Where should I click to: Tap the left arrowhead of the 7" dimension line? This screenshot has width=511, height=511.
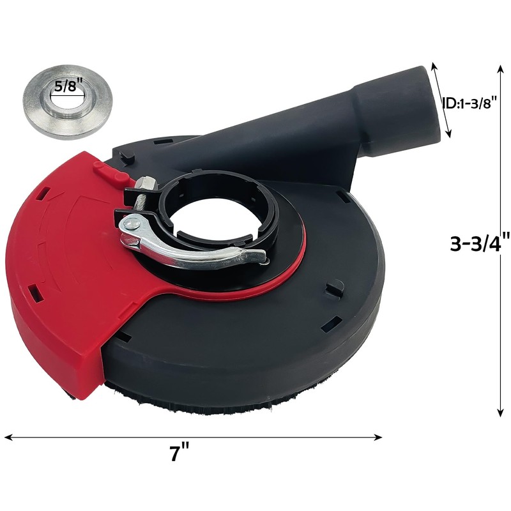pyautogui.click(x=8, y=438)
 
